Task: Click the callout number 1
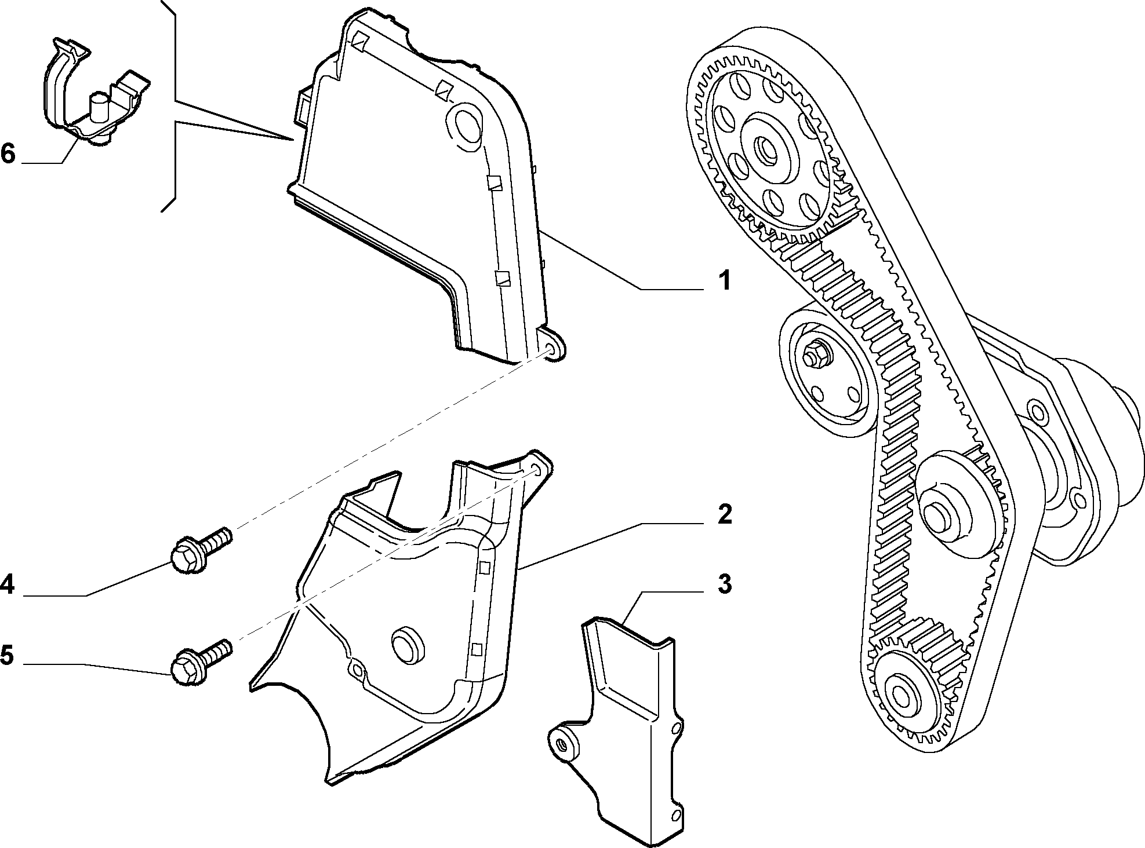(x=724, y=281)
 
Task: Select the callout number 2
(x=724, y=514)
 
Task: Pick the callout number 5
(x=7, y=656)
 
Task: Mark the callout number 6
(x=8, y=153)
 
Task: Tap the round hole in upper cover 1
(x=465, y=123)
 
